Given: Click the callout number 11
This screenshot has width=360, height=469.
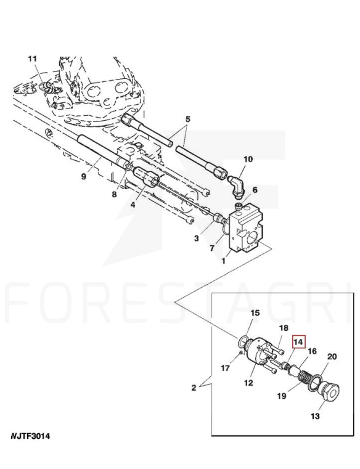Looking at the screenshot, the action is (32, 59).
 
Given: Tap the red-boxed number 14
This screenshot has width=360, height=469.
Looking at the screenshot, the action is (298, 341).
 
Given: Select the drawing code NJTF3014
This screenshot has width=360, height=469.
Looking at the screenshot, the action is (30, 436).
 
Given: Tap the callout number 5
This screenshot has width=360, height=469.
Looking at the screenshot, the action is (187, 120).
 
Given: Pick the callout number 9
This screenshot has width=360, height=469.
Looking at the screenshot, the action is (83, 176).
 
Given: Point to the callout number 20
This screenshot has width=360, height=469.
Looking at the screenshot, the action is (332, 357).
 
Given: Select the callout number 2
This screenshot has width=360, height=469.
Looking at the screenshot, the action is (194, 388).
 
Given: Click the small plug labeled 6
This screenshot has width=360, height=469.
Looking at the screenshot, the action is (239, 206).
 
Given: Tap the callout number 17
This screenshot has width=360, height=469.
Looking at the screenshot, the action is (226, 368).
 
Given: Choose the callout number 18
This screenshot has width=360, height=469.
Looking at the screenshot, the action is (284, 328).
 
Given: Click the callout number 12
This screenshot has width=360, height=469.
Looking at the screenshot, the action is (248, 383).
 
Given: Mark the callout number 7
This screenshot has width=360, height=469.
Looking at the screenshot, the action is (212, 248).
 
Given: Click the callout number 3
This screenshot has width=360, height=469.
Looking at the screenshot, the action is (196, 238).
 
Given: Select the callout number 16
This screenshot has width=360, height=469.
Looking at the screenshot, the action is (312, 351).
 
